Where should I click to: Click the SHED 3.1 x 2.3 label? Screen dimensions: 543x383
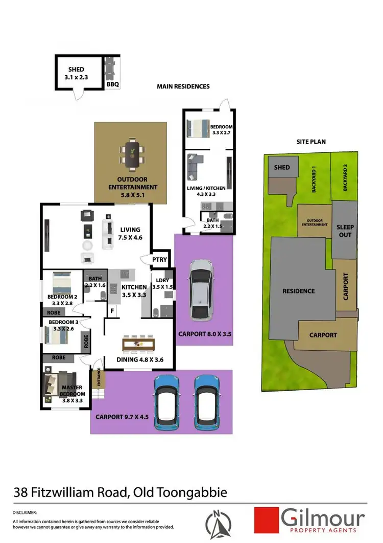pos(76,73)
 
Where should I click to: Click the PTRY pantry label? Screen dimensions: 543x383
pos(159,260)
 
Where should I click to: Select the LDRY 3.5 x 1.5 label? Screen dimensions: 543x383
pos(164,283)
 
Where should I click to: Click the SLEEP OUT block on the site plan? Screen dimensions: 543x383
pos(345,230)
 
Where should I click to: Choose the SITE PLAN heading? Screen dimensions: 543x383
pos(311,142)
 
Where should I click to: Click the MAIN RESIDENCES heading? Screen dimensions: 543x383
pos(183,86)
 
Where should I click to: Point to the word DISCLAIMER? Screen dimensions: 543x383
pos(25,512)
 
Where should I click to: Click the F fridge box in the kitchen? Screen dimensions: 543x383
pos(112,309)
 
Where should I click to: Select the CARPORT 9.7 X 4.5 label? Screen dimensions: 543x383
pos(122,417)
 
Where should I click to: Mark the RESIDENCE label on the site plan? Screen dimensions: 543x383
pos(299,291)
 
